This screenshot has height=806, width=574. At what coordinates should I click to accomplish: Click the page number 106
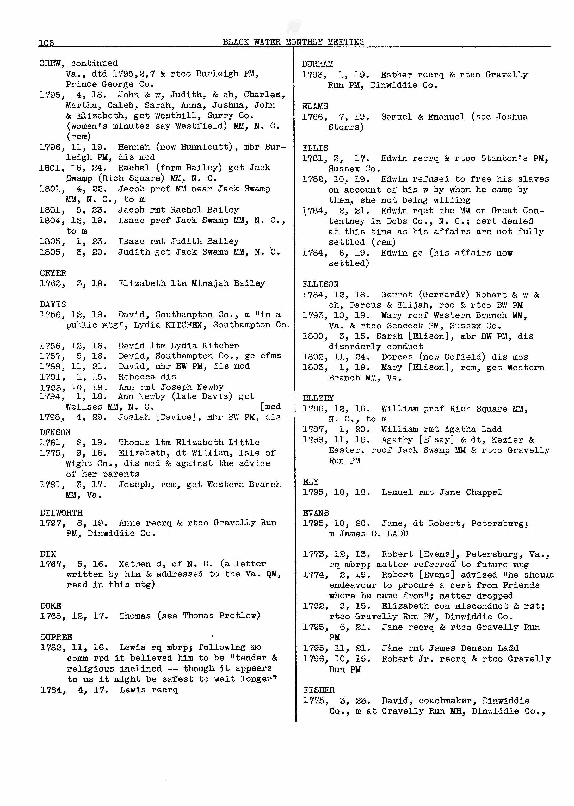[46, 43]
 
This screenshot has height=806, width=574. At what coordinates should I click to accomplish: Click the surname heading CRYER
[53, 273]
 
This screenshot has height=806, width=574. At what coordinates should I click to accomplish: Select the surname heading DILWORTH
[61, 512]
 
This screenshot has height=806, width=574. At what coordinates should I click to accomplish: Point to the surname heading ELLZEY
[318, 398]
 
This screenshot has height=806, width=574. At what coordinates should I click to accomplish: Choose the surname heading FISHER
[318, 690]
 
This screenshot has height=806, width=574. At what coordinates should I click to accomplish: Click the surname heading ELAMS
[315, 106]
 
